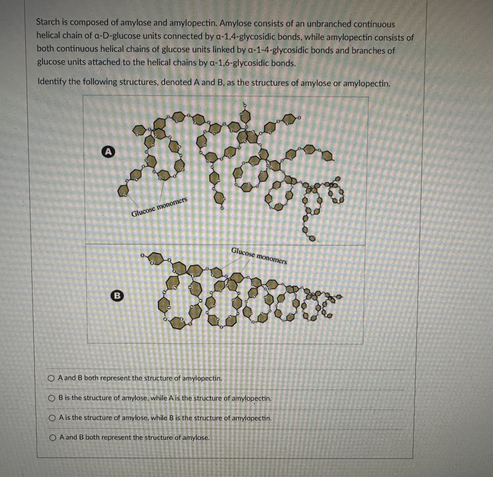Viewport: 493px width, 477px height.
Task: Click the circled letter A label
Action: click(x=109, y=152)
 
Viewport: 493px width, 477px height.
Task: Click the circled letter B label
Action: click(x=117, y=296)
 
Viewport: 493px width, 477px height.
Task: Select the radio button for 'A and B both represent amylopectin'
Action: click(x=51, y=378)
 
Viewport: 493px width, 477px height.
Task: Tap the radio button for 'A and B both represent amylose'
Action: click(x=53, y=438)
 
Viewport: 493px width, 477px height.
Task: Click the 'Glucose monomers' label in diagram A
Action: click(x=159, y=207)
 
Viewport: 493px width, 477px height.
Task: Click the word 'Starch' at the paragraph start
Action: click(x=48, y=22)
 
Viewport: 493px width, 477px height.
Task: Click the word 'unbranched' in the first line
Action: click(x=329, y=24)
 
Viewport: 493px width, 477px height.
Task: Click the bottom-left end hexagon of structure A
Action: click(x=123, y=191)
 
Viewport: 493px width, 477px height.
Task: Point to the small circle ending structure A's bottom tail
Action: click(x=312, y=238)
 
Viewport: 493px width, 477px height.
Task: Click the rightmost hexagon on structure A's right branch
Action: click(x=327, y=156)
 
